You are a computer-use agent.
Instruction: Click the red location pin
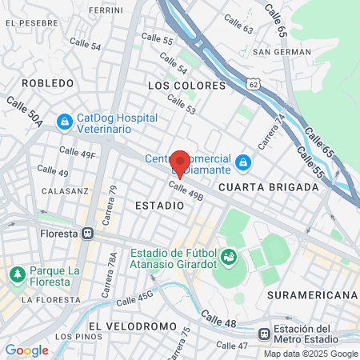[x=180, y=162]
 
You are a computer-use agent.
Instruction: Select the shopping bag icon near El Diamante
[x=244, y=165]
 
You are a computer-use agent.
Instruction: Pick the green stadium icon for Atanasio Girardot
[x=230, y=257]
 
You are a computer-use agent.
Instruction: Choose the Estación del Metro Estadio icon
[x=266, y=334]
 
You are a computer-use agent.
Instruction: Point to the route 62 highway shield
[x=254, y=83]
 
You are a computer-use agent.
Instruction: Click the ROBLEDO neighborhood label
[x=47, y=82]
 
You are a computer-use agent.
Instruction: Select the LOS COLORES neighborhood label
[x=182, y=84]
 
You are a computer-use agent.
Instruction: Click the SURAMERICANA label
[x=312, y=295]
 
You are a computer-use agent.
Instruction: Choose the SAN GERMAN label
[x=282, y=52]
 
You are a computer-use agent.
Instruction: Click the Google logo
[x=26, y=350]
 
